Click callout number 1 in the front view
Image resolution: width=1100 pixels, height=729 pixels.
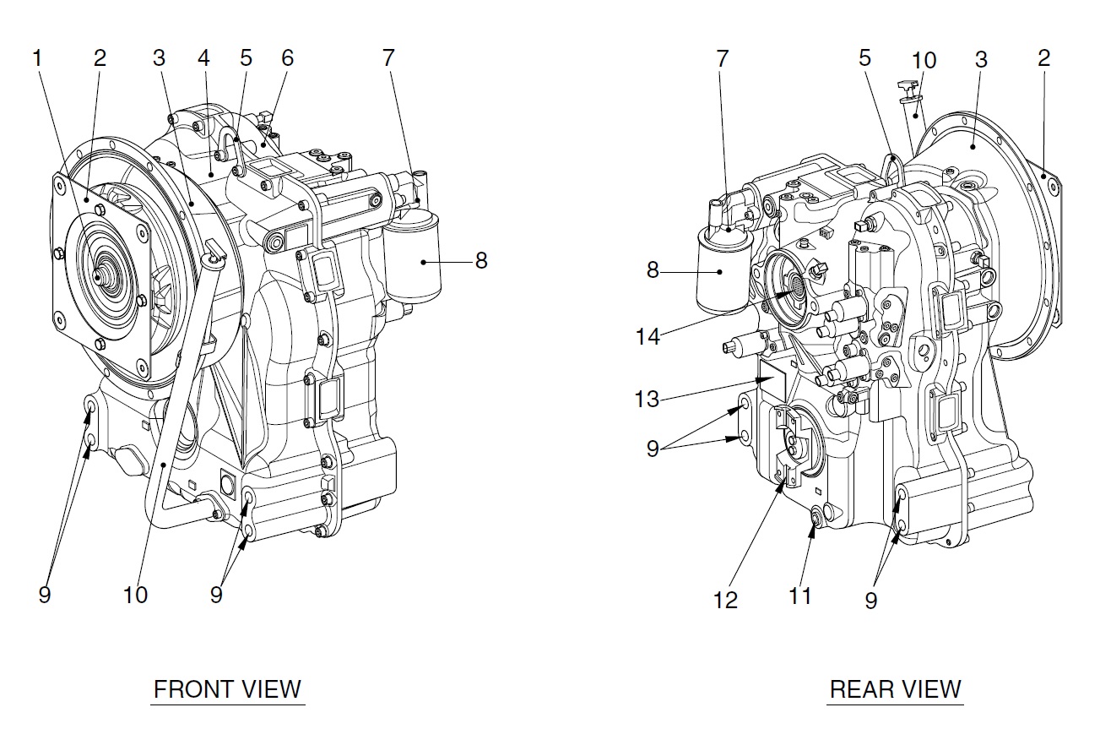[x=37, y=58]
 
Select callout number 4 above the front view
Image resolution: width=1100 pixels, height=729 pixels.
[x=203, y=58]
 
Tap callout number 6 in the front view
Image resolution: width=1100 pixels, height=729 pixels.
[x=288, y=58]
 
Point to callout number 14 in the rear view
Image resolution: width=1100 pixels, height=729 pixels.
[x=648, y=337]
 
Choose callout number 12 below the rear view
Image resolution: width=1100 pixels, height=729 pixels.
[x=725, y=600]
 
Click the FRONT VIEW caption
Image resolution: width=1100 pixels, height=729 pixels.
[x=227, y=688]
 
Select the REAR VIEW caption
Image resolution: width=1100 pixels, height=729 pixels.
[x=896, y=688]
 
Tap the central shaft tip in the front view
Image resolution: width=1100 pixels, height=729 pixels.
[x=102, y=275]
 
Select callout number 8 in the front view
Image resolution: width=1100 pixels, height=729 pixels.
[x=480, y=260]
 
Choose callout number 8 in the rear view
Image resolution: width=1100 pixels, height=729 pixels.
[x=653, y=271]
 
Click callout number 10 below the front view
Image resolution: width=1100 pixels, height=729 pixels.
[x=135, y=595]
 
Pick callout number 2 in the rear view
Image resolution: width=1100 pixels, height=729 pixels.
[x=1044, y=58]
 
